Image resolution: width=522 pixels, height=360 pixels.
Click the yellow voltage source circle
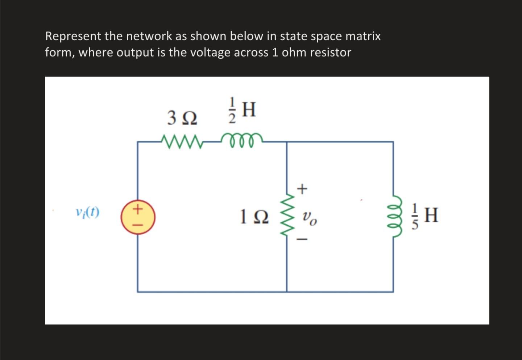[x=138, y=217]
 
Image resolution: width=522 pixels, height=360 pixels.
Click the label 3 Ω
[x=182, y=118]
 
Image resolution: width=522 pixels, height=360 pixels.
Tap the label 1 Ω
[x=254, y=217]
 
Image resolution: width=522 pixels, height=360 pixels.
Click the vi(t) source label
[x=87, y=212]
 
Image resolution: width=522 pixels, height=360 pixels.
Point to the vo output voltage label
[x=309, y=218]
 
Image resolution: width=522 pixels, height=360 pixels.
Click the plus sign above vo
[x=302, y=189]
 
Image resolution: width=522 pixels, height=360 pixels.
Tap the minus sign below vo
[x=302, y=239]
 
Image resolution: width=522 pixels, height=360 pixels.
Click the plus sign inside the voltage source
[x=138, y=209]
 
